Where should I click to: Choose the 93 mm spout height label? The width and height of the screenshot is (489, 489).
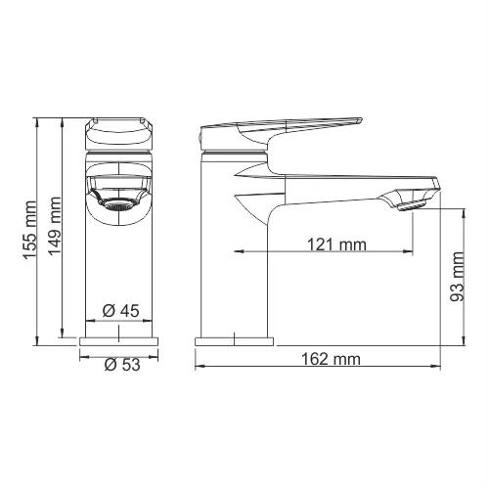coord(457,278)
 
